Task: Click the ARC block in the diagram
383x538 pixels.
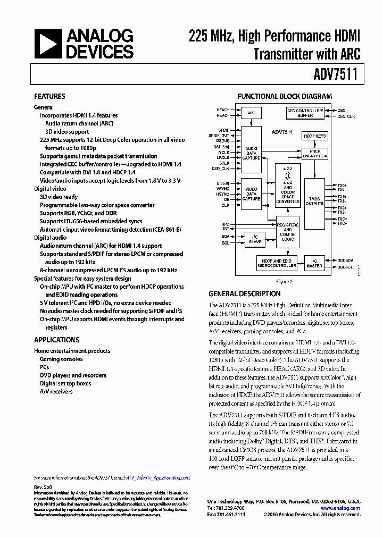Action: pos(251,113)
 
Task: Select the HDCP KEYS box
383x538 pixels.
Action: pos(315,136)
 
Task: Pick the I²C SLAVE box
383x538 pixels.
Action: pos(255,239)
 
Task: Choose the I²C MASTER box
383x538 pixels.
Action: pos(314,263)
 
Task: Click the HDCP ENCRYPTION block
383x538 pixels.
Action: pos(315,154)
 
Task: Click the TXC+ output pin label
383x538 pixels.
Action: pos(342,219)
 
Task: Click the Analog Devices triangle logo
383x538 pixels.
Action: pos(48,44)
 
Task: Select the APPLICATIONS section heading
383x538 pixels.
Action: pos(56,340)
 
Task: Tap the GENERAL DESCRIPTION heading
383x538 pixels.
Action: pos(245,293)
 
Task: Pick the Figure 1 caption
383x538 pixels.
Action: pos(284,281)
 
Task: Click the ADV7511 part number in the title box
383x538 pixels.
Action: pos(338,75)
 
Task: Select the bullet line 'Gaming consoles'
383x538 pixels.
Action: pos(61,359)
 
